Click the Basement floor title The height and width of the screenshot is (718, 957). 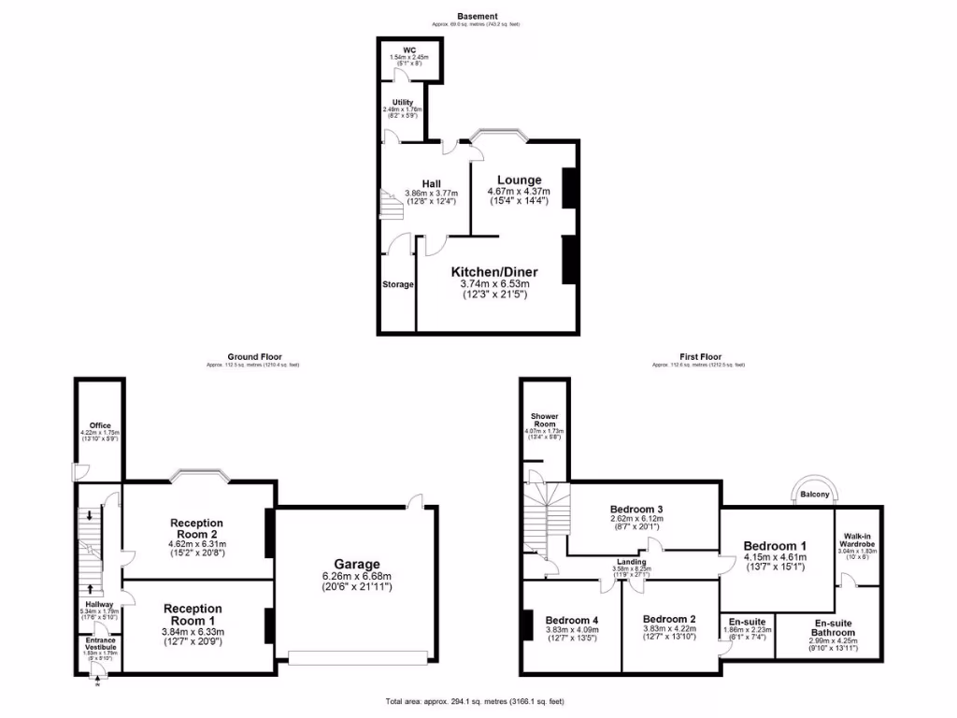[x=478, y=16]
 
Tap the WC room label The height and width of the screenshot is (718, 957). [x=408, y=50]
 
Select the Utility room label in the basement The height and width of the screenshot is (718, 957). [x=402, y=101]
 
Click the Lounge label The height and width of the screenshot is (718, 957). [x=519, y=179]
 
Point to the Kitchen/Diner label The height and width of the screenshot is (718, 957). [x=494, y=272]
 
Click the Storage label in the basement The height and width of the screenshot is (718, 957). [x=397, y=284]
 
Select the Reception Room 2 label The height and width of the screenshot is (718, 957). [x=196, y=529]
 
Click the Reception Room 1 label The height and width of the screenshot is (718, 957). [x=193, y=615]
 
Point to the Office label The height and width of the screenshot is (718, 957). [x=100, y=425]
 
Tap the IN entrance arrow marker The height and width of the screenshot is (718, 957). [x=96, y=685]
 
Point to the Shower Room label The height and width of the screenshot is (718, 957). [x=544, y=420]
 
